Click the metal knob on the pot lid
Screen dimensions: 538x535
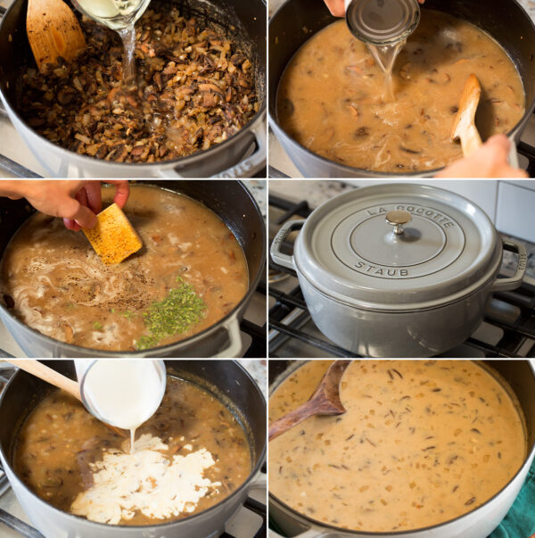[398, 219]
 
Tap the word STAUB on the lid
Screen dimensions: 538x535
[382, 268]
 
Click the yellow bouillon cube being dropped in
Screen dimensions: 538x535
[112, 234]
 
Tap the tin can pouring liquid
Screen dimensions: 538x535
[384, 21]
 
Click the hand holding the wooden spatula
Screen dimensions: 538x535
[486, 159]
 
